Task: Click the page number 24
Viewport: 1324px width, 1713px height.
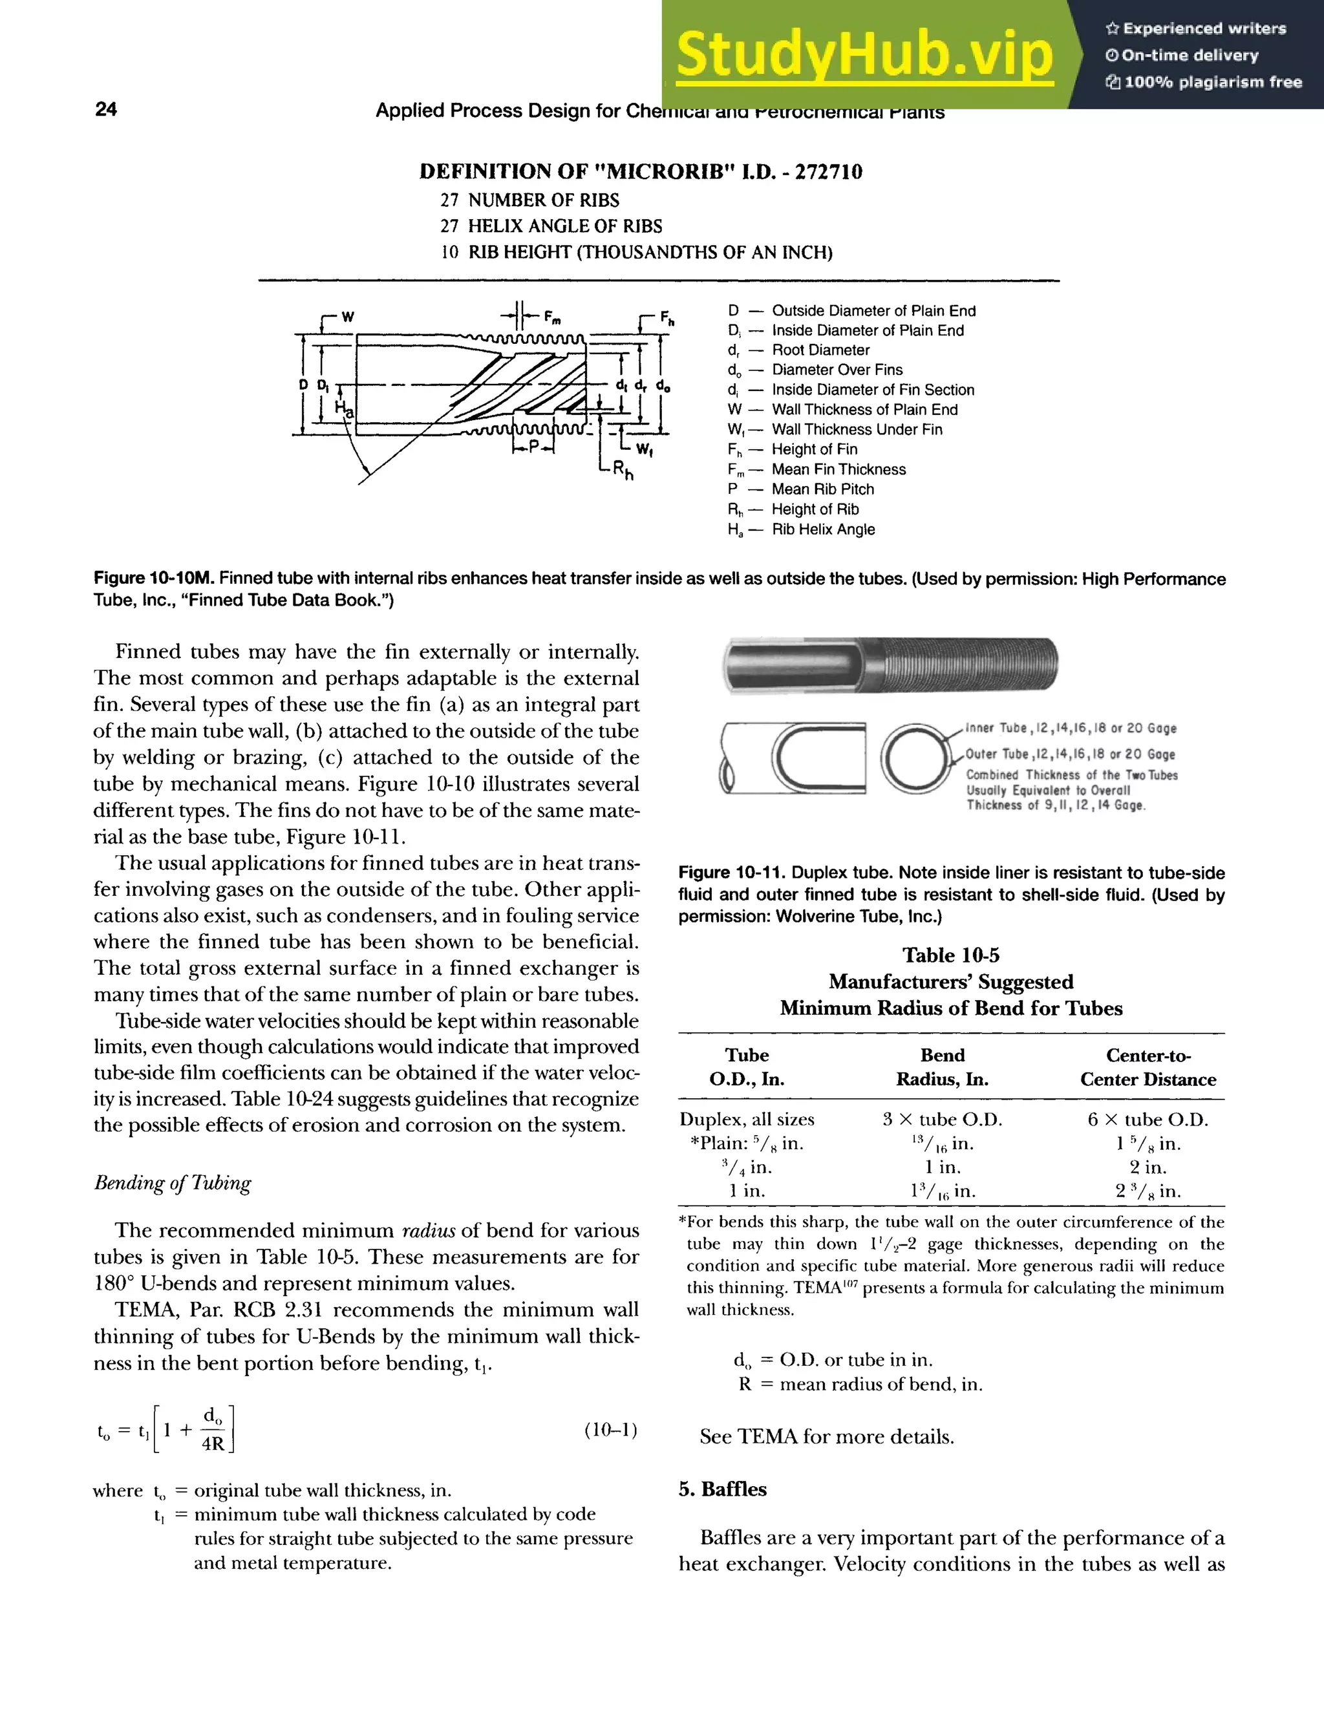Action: tap(106, 109)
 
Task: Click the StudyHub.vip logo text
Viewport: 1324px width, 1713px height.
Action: tap(864, 55)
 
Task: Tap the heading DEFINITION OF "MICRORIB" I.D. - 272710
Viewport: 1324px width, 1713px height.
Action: tap(640, 172)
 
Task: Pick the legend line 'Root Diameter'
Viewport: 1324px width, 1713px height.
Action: tap(820, 350)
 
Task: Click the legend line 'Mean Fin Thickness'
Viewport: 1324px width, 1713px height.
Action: tap(838, 469)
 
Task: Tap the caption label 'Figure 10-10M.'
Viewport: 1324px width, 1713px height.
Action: tap(154, 579)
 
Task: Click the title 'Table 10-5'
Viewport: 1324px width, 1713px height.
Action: tap(950, 955)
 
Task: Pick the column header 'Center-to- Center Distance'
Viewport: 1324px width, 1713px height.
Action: tap(1148, 1067)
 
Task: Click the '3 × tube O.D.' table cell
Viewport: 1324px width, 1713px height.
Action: tap(942, 1119)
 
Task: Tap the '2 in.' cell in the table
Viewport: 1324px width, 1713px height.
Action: tap(1148, 1167)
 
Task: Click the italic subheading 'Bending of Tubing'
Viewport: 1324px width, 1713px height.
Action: tap(173, 1182)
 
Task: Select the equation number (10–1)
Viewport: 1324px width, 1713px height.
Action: tap(610, 1430)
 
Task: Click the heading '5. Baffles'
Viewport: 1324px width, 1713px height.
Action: tap(722, 1489)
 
